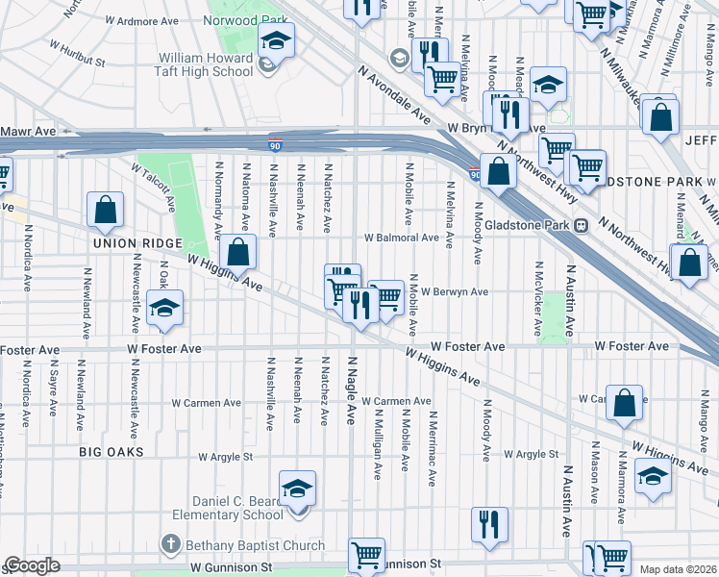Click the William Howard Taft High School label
207,64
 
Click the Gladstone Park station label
530,224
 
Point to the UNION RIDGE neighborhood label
132,244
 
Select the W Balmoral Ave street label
402,238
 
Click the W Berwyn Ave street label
454,291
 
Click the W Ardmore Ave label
142,19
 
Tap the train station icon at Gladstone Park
581,225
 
